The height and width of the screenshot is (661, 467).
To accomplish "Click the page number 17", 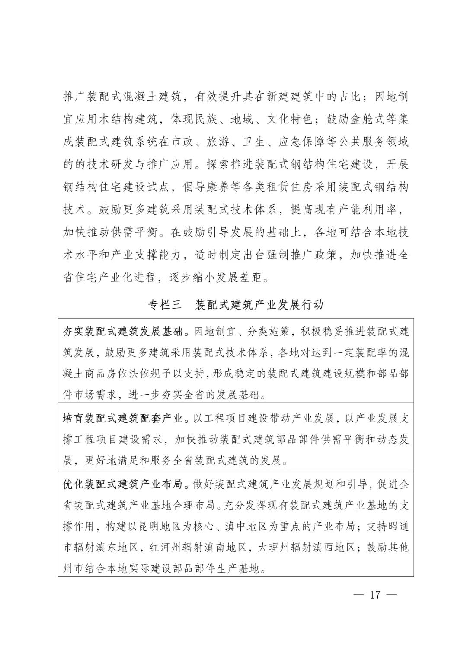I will [x=374, y=594].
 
